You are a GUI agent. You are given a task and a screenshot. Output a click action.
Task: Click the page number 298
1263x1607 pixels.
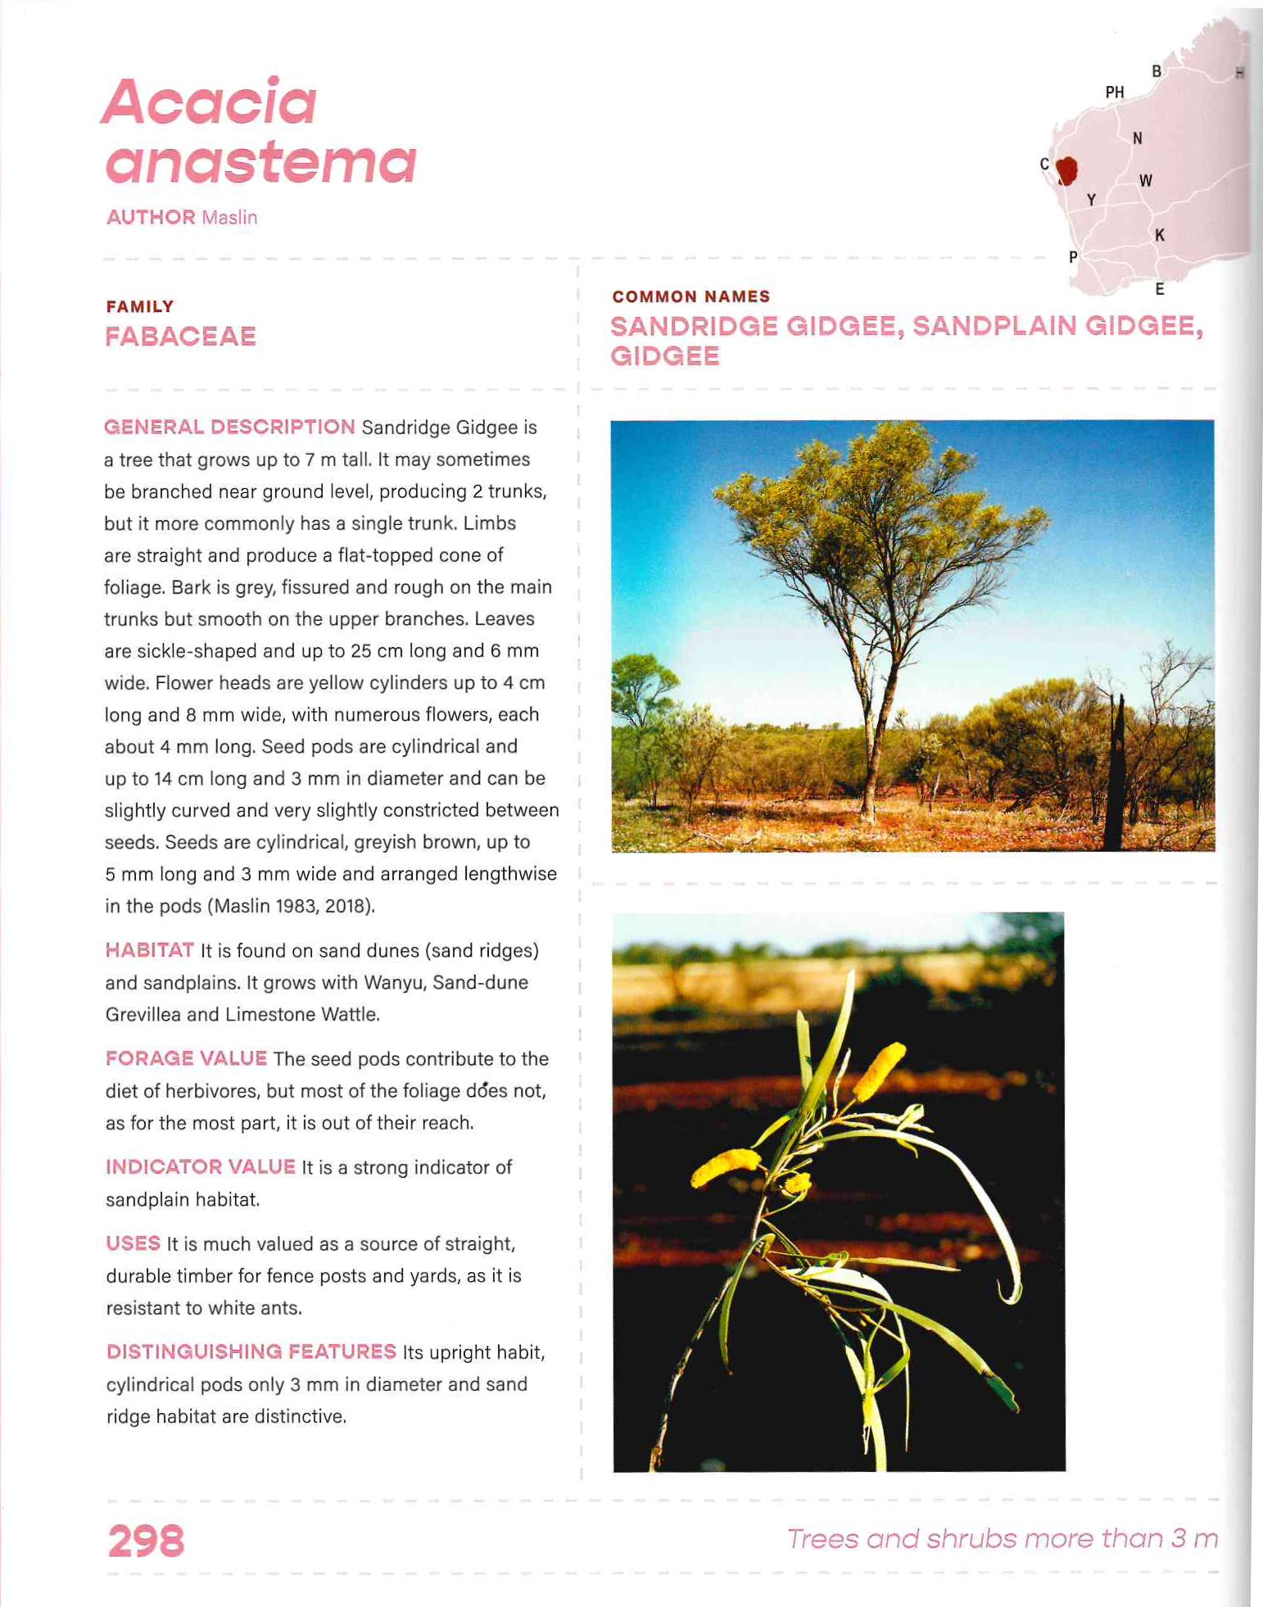(x=146, y=1541)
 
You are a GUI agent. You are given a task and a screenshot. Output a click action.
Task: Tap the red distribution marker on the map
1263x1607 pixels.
(x=1066, y=170)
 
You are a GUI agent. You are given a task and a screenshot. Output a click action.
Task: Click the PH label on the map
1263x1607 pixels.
(x=1114, y=93)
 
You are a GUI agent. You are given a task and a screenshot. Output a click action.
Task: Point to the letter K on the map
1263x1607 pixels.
(x=1159, y=235)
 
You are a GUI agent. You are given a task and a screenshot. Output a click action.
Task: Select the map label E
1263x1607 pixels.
(x=1159, y=288)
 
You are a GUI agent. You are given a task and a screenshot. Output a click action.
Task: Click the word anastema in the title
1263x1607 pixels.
(x=260, y=161)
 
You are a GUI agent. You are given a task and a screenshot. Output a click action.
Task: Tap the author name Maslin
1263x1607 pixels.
(x=229, y=218)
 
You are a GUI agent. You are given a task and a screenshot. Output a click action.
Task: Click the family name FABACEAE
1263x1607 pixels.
(x=180, y=337)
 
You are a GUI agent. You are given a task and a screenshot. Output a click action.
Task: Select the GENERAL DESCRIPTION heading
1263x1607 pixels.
(x=229, y=427)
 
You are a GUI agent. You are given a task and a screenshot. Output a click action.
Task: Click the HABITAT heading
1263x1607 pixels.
(x=149, y=950)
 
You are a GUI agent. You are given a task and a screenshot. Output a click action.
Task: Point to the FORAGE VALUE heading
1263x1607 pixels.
(x=186, y=1058)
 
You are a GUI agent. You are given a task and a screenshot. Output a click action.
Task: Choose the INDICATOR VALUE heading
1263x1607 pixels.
(x=200, y=1166)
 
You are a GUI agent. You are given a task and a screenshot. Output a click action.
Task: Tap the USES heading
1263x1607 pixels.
(x=133, y=1243)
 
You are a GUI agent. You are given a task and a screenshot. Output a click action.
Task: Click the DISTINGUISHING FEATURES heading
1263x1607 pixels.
(x=251, y=1351)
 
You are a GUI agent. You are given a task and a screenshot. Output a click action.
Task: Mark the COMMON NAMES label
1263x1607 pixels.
(x=690, y=297)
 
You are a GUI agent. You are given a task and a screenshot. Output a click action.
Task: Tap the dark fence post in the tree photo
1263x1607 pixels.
(x=1115, y=778)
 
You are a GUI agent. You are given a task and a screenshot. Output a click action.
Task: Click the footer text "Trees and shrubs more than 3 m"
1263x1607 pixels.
(x=1002, y=1538)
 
